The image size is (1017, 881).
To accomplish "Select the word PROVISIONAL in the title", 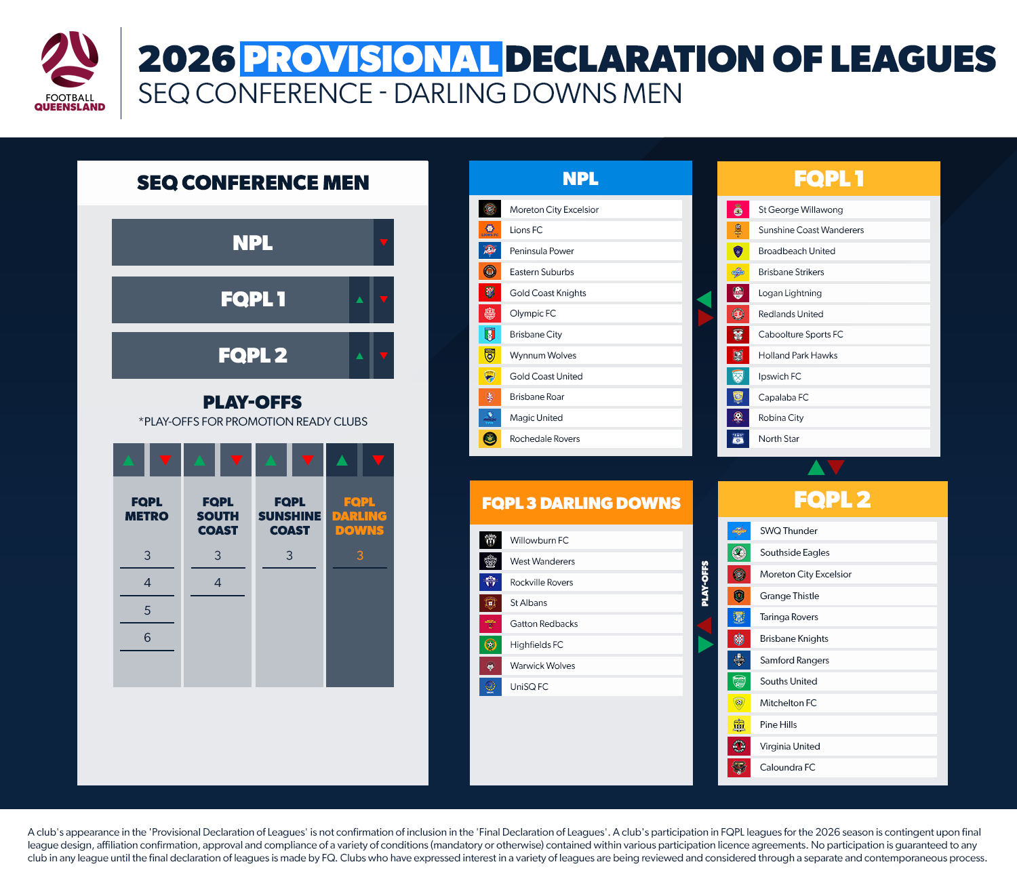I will coord(371,59).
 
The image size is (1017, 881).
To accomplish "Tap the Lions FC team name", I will coord(526,230).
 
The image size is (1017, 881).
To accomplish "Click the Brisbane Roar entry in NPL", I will coord(537,397).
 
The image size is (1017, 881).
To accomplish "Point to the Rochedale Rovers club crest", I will coord(490,439).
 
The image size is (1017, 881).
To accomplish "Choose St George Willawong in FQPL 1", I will coord(801,210).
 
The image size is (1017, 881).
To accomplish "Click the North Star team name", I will coord(778,439).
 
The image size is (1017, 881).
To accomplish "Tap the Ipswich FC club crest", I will coord(738,377).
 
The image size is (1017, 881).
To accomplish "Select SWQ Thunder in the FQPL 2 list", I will coord(789,531).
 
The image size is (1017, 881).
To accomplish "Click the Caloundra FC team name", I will coord(787,768).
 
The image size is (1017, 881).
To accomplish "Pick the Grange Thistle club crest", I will coord(739,596).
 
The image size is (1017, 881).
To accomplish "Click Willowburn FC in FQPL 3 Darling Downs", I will coord(539,541).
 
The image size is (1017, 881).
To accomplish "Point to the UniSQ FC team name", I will coord(529,687).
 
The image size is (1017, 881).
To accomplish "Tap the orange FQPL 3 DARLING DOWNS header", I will coord(581,504).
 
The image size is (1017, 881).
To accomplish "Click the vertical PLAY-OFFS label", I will coord(705,583).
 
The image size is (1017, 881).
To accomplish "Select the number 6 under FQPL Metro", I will coord(147,638).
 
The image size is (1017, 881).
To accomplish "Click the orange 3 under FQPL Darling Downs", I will coord(360,556).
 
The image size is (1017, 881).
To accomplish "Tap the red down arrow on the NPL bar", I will coord(384,243).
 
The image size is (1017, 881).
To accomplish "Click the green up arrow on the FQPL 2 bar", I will coord(359,356).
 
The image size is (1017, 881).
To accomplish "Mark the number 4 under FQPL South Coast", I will coord(218,583).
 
